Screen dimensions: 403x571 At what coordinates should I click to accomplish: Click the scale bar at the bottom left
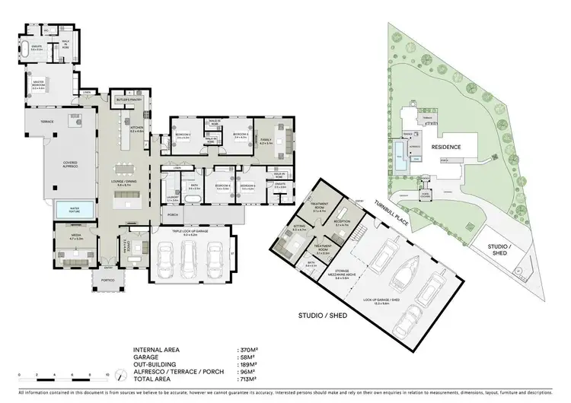[x=65, y=373]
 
